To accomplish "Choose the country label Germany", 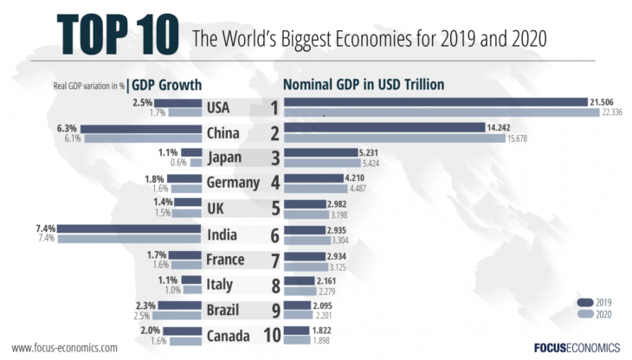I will tap(233, 183).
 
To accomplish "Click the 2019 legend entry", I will tap(595, 302).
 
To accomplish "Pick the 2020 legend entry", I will tap(595, 314).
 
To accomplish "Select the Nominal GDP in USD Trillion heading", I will tap(364, 84).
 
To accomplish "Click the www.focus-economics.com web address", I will tap(64, 347).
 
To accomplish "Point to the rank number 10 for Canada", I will tap(273, 335).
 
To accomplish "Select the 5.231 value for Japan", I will tap(370, 153).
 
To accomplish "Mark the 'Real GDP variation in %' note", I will tap(89, 85).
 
